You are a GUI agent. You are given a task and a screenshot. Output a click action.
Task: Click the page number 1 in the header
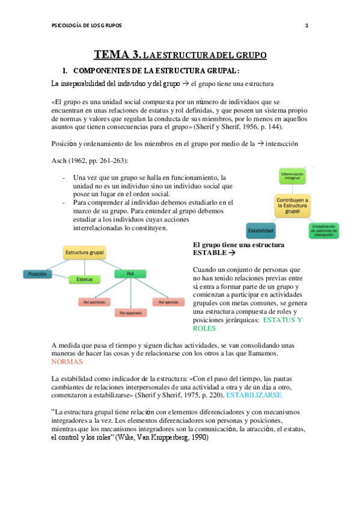(307, 25)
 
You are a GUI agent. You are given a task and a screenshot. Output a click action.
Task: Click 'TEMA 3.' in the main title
(116, 55)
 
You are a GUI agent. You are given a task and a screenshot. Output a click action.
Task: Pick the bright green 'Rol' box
(131, 274)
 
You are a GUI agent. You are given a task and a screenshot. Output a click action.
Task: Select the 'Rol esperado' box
(130, 313)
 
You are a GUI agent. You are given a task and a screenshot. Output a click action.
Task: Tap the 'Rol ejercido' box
(168, 302)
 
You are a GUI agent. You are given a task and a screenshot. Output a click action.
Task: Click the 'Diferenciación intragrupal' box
(293, 176)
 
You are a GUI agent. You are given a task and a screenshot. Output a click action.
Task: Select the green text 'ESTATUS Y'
(282, 320)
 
